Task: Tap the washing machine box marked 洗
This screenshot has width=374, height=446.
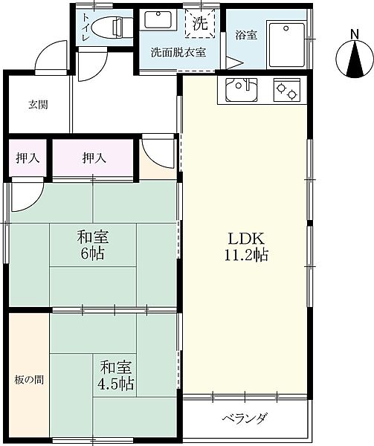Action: (200, 23)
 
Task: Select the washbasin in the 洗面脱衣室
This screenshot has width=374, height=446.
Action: (158, 19)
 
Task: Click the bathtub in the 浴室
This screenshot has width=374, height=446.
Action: (287, 45)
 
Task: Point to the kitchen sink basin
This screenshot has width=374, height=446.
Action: (242, 90)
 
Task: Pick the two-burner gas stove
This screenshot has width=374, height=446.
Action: (287, 90)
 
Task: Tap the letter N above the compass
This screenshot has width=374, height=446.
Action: (354, 35)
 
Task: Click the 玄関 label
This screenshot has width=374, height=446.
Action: (38, 105)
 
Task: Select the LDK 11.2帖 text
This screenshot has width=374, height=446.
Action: (246, 247)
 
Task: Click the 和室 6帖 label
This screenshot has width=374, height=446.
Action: (93, 245)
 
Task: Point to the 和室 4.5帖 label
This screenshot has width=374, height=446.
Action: (115, 375)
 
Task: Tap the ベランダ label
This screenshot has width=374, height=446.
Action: (245, 418)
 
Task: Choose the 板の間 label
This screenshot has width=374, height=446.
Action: (29, 380)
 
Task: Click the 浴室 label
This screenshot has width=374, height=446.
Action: (246, 35)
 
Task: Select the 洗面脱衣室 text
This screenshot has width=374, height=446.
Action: (178, 52)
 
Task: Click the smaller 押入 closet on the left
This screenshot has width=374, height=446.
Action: (28, 158)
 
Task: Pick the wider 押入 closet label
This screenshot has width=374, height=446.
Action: (94, 158)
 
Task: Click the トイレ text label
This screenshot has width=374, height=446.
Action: (86, 28)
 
